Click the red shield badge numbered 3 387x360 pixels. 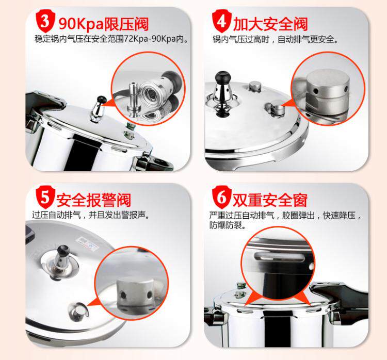click(45, 21)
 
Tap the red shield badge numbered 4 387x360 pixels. click(222, 21)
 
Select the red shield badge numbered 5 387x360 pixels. click(45, 197)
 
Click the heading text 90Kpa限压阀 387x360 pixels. click(104, 24)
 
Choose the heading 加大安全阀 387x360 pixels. click(270, 24)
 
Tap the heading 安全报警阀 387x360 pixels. click(94, 200)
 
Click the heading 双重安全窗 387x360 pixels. click(270, 200)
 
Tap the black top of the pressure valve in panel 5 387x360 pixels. click(63, 250)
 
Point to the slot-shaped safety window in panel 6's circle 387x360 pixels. click(279, 257)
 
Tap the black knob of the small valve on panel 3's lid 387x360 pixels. click(102, 100)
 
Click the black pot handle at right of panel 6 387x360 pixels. click(346, 300)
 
